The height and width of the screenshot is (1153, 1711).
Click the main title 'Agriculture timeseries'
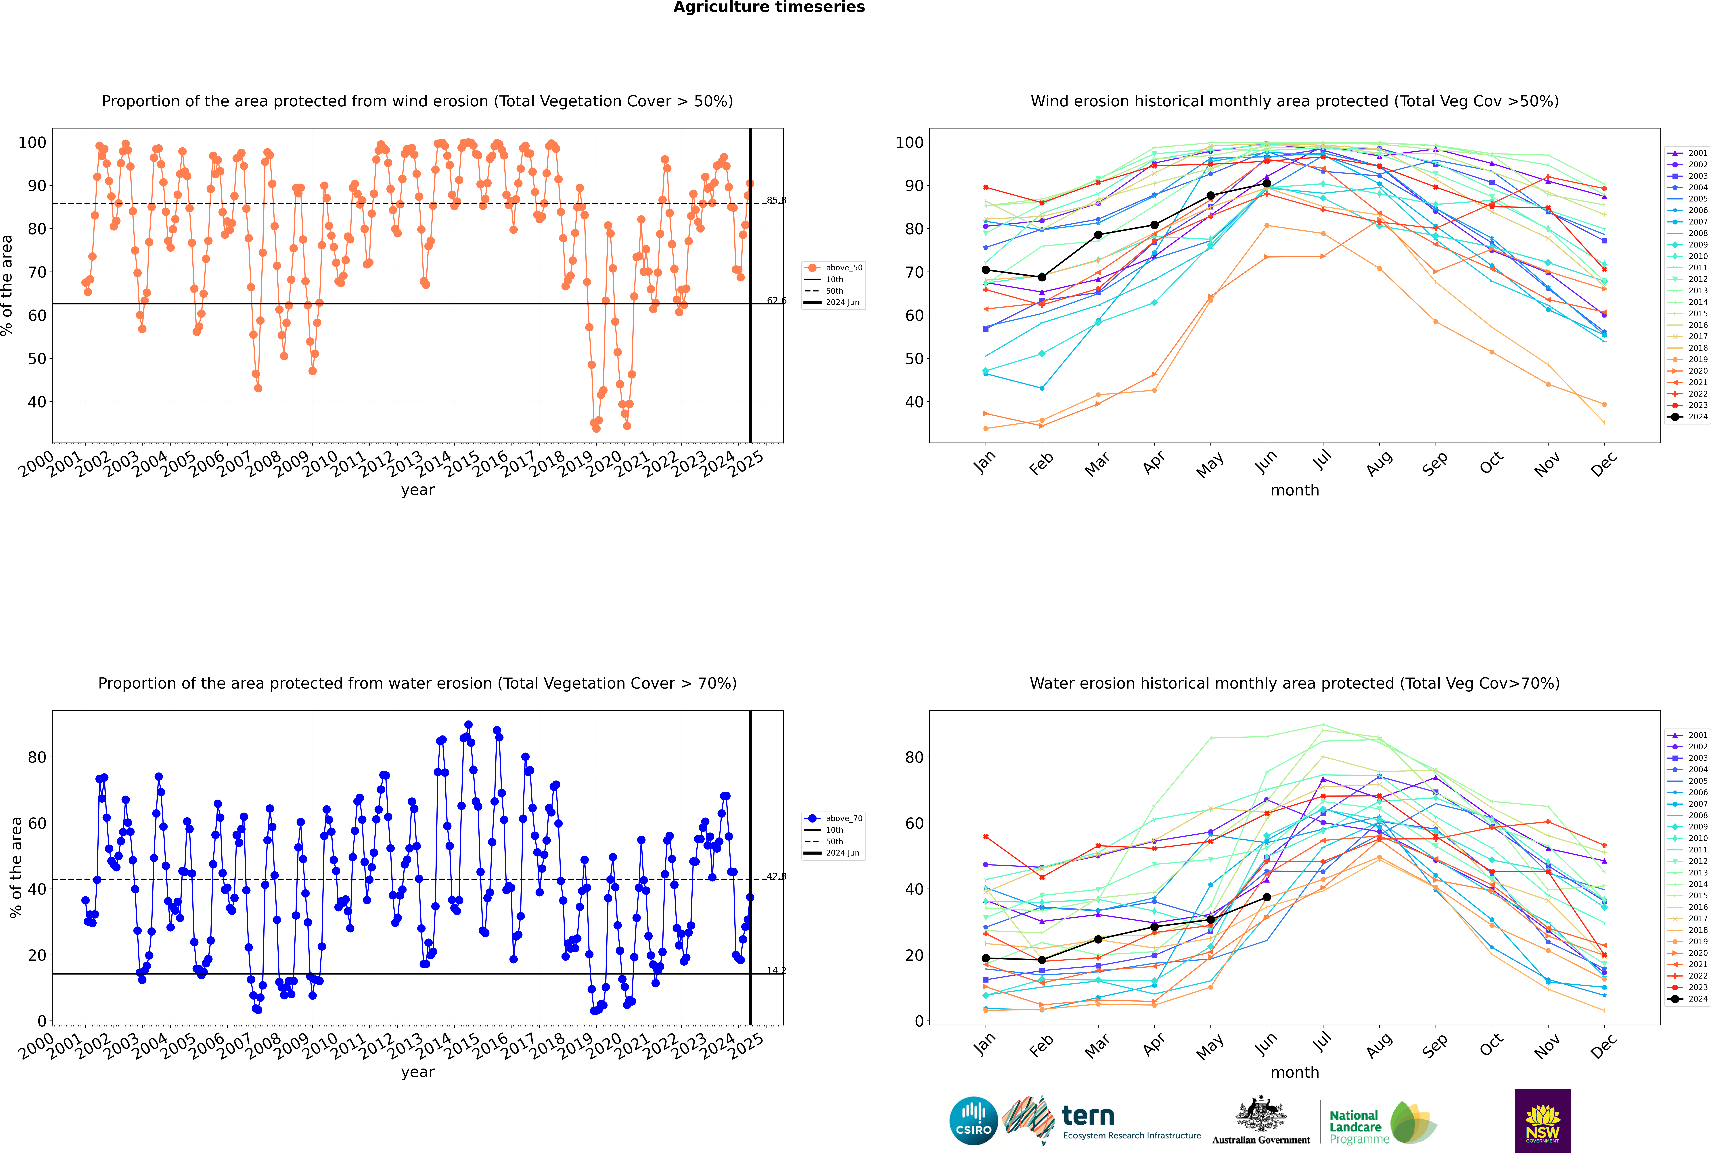pyautogui.click(x=769, y=7)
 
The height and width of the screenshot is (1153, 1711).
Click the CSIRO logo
pyautogui.click(x=973, y=1121)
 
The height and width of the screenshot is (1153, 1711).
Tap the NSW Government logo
pyautogui.click(x=1543, y=1121)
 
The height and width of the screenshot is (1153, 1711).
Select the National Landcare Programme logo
pyautogui.click(x=1383, y=1123)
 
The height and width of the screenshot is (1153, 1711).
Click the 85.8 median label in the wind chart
pyautogui.click(x=776, y=200)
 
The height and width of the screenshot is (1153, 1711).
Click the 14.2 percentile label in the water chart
pyautogui.click(x=776, y=971)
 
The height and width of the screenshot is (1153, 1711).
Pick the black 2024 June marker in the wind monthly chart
pyautogui.click(x=1267, y=184)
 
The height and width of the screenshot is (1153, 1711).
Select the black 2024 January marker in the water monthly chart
pyautogui.click(x=986, y=958)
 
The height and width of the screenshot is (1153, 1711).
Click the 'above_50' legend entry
pyautogui.click(x=834, y=268)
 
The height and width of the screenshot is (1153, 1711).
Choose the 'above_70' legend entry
pyautogui.click(x=834, y=818)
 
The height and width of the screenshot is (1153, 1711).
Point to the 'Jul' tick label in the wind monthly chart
pyautogui.click(x=1322, y=460)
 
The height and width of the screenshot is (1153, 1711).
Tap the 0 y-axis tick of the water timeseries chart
pyautogui.click(x=42, y=1021)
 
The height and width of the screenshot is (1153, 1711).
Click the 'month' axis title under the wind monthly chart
pyautogui.click(x=1295, y=491)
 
